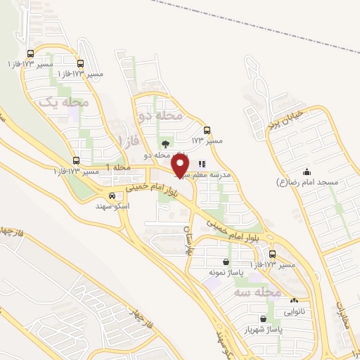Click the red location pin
[x=181, y=165]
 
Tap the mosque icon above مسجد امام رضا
[x=306, y=172]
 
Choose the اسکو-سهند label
[x=112, y=206]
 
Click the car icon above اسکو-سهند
[x=112, y=195]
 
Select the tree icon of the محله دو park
[x=165, y=144]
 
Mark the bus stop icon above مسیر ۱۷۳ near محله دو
[x=207, y=130]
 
